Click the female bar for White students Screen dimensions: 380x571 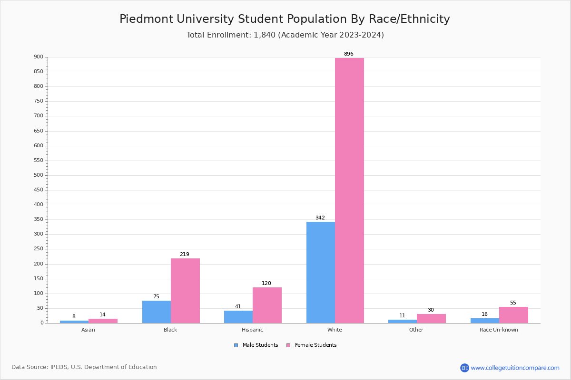click(x=349, y=190)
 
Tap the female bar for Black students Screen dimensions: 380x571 click(x=185, y=291)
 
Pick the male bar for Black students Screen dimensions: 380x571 click(x=156, y=312)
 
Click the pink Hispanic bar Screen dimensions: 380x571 click(x=267, y=305)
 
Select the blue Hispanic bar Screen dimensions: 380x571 click(x=238, y=317)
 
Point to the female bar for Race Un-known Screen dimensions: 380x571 click(x=513, y=315)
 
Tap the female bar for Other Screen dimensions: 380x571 click(x=431, y=318)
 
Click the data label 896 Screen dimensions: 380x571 click(x=349, y=54)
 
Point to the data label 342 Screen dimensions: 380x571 click(x=320, y=218)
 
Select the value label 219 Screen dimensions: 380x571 click(x=185, y=255)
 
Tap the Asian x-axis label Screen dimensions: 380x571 click(x=88, y=330)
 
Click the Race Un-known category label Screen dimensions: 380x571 click(x=499, y=330)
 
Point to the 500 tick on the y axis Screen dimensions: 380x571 click(x=39, y=175)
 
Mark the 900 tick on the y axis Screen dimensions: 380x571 click(x=39, y=57)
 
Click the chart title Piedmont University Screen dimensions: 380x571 click(x=285, y=19)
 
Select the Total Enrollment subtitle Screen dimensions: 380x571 click(x=285, y=35)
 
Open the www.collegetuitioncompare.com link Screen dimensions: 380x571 click(x=515, y=368)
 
